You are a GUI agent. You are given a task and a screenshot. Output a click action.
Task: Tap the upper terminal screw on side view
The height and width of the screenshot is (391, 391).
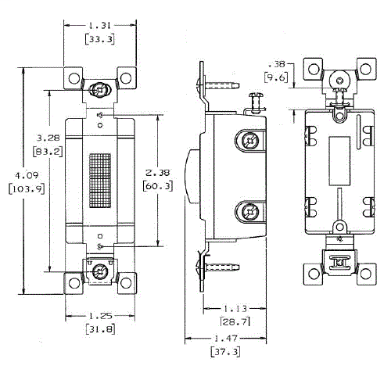click(249, 141)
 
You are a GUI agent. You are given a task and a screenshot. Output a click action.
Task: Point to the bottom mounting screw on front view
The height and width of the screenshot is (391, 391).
click(99, 272)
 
